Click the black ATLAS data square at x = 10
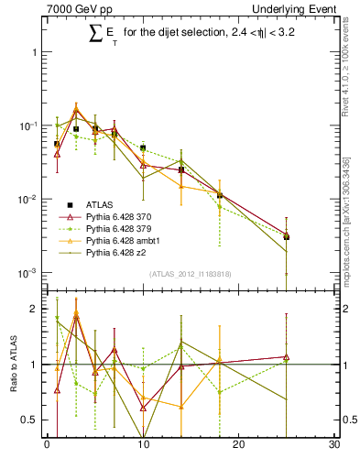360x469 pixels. [x=143, y=147]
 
